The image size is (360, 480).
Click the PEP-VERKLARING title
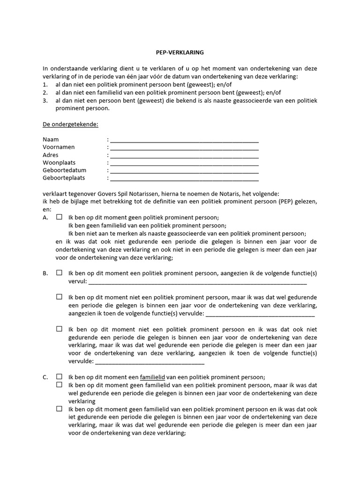(x=180, y=52)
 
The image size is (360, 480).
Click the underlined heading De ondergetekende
(x=70, y=124)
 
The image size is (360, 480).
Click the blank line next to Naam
(x=184, y=140)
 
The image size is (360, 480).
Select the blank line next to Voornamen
(x=184, y=148)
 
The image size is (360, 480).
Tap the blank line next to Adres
(x=184, y=156)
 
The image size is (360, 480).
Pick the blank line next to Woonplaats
(x=184, y=163)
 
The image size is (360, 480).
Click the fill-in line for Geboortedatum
(x=184, y=171)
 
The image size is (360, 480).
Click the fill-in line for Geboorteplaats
(x=184, y=179)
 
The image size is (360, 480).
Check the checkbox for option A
(x=60, y=217)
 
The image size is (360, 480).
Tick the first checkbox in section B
(x=60, y=272)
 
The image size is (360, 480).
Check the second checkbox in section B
(x=60, y=297)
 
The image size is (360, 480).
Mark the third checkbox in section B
(x=60, y=329)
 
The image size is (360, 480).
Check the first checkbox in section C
(x=60, y=376)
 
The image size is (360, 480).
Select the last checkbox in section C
(x=60, y=408)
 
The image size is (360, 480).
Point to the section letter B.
(x=45, y=273)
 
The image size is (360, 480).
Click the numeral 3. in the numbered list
(x=45, y=100)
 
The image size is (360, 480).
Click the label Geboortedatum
(x=64, y=171)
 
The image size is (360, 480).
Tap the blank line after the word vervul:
(x=197, y=282)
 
